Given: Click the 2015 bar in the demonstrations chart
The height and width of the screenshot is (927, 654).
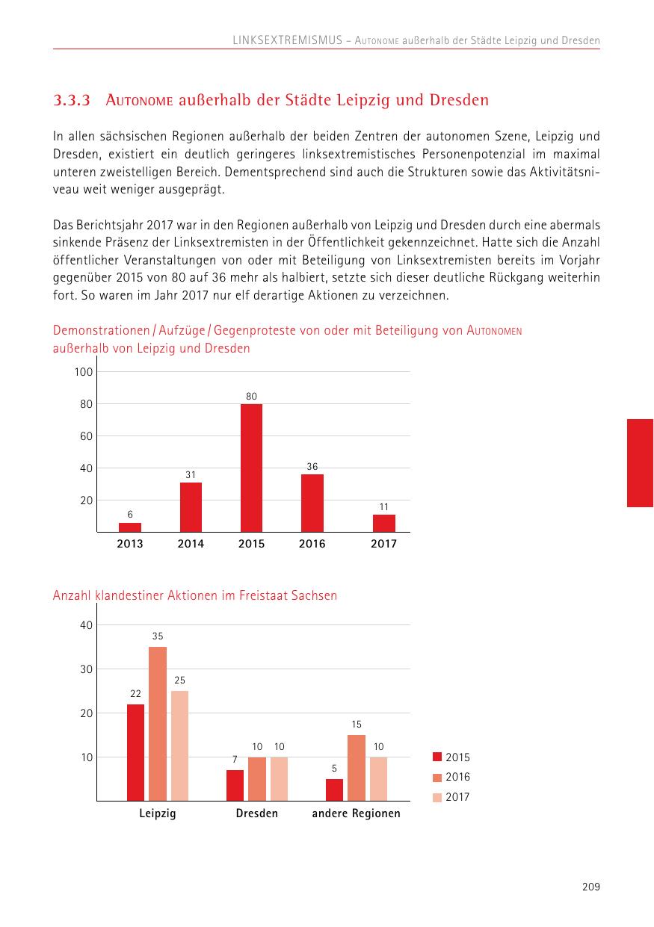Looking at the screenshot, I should coord(251,468).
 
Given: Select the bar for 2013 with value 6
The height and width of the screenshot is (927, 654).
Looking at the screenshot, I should coord(130,527).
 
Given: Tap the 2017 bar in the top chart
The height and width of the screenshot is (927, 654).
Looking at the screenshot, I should coord(383,523).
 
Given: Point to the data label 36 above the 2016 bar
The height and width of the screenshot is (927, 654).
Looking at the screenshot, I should coord(312,466).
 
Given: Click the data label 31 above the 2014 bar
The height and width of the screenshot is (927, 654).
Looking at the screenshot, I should coord(191,474).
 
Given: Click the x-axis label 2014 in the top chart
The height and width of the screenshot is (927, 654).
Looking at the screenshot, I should coord(191,544).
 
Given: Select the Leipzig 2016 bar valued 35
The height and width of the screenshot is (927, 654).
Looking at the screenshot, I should coord(158,723).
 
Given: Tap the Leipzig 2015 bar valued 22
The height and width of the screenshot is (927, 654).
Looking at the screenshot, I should coord(135,752).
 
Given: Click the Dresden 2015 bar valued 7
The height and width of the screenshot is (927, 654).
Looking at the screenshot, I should coord(235,785).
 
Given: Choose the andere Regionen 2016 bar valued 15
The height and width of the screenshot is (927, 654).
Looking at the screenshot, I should coord(357,767).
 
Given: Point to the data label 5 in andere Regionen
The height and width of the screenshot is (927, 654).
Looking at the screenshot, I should coord(334,768).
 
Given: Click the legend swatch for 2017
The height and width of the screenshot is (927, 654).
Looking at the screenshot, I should coord(438,797).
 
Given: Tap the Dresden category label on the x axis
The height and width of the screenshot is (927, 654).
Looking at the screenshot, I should coord(256,813).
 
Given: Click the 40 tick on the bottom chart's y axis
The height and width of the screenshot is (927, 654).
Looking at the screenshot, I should coord(86,625).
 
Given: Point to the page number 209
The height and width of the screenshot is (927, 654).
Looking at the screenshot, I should coord(590,887).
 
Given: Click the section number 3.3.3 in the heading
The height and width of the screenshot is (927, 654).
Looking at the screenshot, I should coord(72,100).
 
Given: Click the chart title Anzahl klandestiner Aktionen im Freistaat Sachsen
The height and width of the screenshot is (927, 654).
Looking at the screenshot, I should coord(195,595).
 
